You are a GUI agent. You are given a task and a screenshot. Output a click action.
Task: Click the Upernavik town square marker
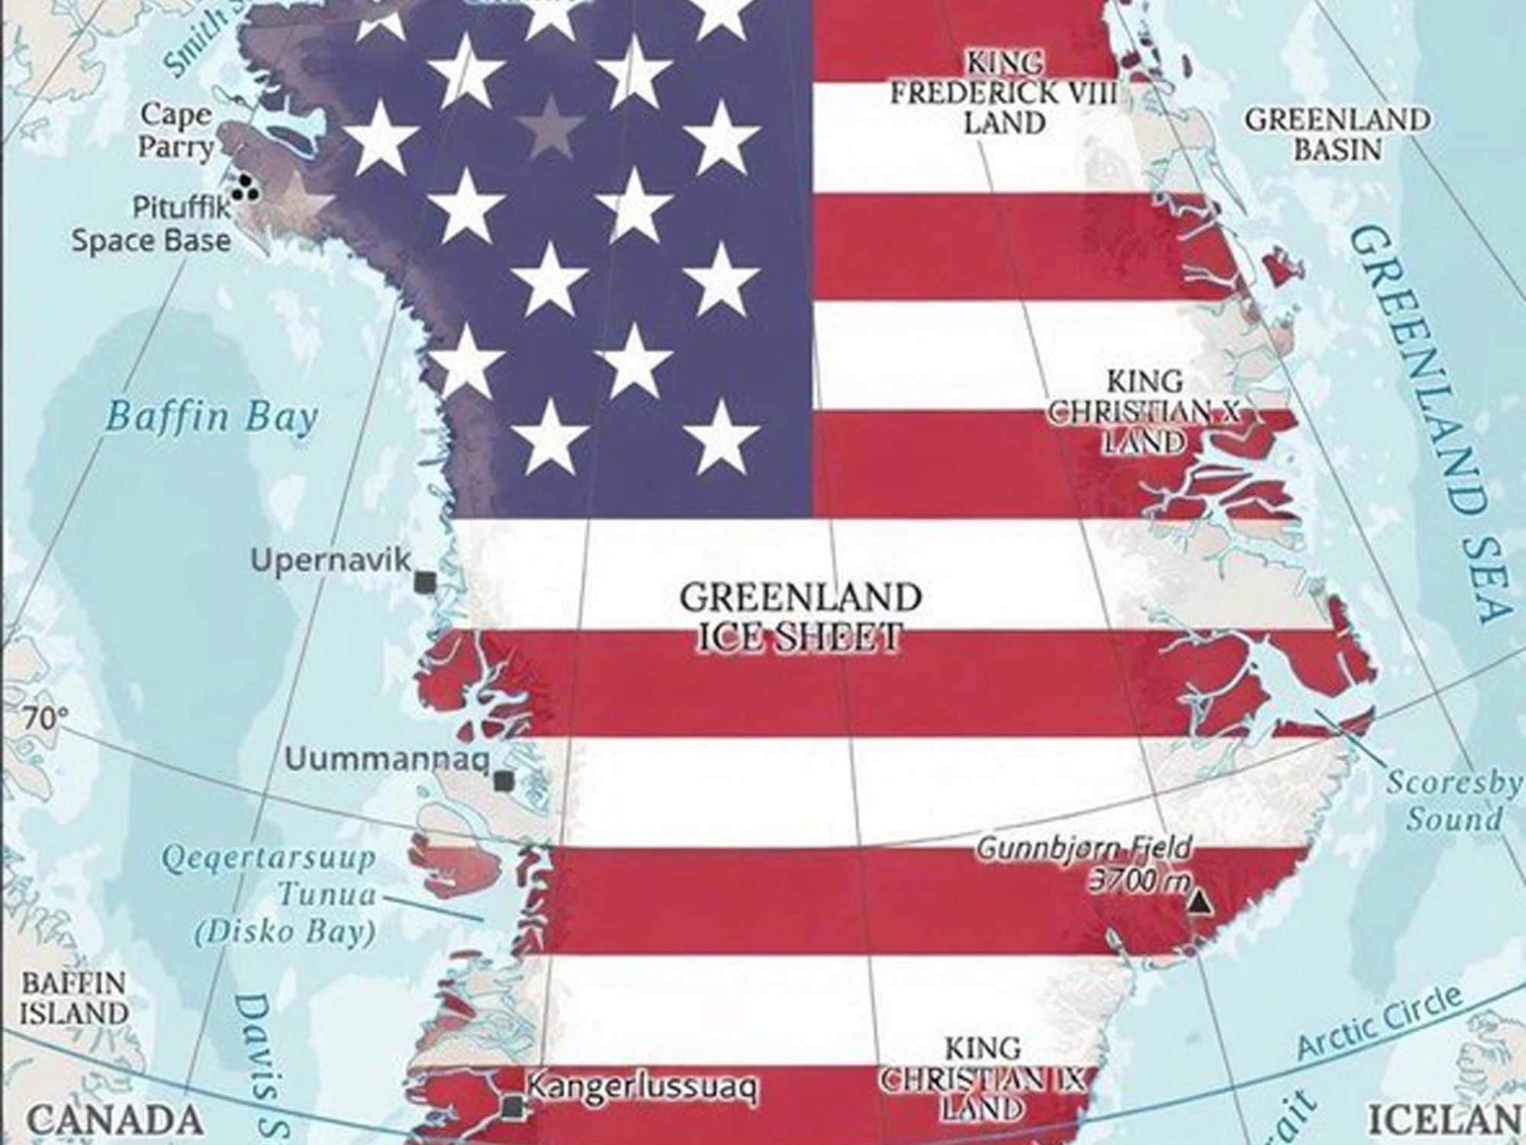click(424, 582)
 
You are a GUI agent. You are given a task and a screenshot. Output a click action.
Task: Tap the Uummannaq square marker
click(502, 781)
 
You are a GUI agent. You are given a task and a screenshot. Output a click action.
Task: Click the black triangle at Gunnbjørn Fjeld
click(1199, 902)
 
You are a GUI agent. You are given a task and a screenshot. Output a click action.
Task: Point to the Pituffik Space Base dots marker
click(246, 188)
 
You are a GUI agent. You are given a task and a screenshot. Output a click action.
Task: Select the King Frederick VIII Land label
click(1004, 93)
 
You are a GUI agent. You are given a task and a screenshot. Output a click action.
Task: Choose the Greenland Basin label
click(1338, 134)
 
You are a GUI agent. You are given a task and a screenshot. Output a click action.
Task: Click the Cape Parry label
click(176, 131)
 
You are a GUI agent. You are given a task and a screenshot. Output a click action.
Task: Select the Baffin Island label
click(73, 998)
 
